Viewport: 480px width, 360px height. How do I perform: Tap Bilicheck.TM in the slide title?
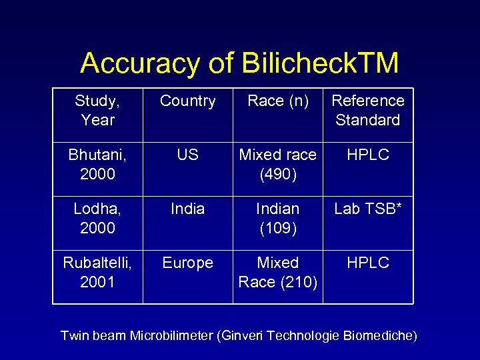[320, 63]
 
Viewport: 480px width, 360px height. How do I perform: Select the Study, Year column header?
[97, 110]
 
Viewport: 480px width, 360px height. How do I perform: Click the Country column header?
[187, 101]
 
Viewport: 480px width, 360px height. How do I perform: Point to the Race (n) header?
[278, 101]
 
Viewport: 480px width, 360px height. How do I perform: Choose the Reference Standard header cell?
[368, 110]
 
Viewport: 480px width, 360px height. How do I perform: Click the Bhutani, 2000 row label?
[97, 164]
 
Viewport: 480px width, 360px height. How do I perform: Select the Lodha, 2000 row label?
[97, 218]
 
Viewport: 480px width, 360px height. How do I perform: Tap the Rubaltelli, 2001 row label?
[97, 272]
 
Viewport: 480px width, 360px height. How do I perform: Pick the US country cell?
[187, 155]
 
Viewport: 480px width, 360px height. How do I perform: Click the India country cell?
[187, 209]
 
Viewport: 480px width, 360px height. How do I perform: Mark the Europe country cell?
[187, 263]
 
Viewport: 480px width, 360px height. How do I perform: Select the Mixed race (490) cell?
[278, 164]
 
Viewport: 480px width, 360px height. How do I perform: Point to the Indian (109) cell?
[278, 218]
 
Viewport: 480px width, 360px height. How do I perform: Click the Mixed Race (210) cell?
[278, 272]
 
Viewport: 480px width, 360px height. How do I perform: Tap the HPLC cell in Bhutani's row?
[368, 155]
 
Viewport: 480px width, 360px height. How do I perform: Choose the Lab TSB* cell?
[368, 209]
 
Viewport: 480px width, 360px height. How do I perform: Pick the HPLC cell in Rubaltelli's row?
[368, 263]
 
